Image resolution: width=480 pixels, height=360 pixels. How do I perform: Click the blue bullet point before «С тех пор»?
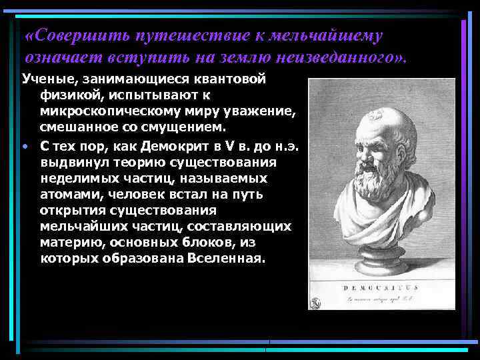click(x=24, y=147)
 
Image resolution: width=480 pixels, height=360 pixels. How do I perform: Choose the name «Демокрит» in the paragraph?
click(x=181, y=147)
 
